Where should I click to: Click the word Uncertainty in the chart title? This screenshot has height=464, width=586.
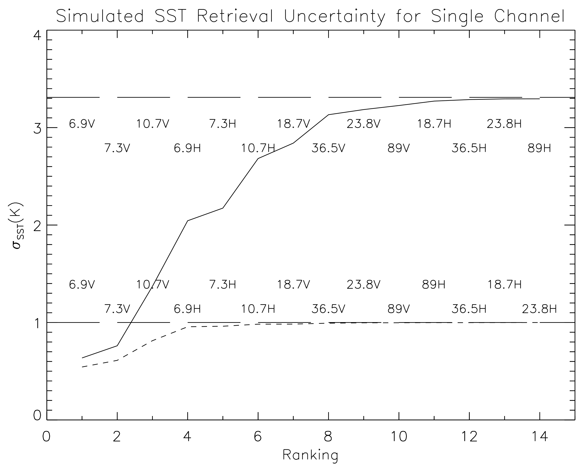coord(334,16)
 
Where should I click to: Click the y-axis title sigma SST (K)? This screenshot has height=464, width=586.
coord(18,225)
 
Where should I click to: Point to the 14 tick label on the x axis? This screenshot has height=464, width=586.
coord(539,437)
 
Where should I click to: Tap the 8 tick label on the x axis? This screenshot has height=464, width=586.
coord(328,437)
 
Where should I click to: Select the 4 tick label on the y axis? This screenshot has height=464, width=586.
coord(37,36)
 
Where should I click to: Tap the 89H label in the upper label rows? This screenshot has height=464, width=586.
coord(539,148)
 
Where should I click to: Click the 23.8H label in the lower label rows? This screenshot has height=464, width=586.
coord(539,309)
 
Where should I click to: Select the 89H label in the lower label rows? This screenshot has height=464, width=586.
coord(434,285)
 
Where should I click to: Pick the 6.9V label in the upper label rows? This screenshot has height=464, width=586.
coord(82,124)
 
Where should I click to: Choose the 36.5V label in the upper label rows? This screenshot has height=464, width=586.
coord(328,148)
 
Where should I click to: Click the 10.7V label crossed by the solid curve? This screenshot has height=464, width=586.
coord(152,285)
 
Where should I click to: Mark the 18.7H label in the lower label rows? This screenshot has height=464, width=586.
coord(504,285)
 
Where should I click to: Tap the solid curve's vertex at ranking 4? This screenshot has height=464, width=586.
coord(187,221)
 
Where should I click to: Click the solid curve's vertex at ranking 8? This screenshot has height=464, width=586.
coord(328,115)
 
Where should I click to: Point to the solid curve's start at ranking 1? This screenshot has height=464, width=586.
coord(82,358)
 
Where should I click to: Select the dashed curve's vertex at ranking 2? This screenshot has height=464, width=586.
coord(117,360)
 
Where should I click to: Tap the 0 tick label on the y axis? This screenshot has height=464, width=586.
coord(37,416)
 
